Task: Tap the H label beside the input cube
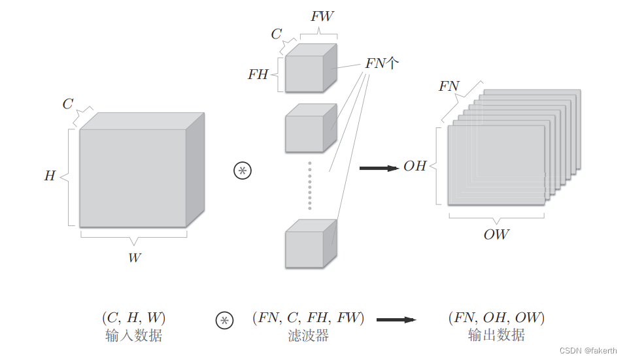pyautogui.click(x=50, y=176)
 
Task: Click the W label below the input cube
pyautogui.click(x=134, y=257)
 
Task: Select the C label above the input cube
pyautogui.click(x=68, y=104)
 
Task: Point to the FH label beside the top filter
pyautogui.click(x=258, y=74)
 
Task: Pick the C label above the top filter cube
pyautogui.click(x=277, y=34)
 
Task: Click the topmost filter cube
pyautogui.click(x=306, y=72)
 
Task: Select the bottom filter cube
pyautogui.click(x=306, y=247)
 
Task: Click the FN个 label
pyautogui.click(x=382, y=64)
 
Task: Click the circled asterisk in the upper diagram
pyautogui.click(x=243, y=171)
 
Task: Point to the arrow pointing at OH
pyautogui.click(x=379, y=168)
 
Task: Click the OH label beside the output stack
pyautogui.click(x=415, y=166)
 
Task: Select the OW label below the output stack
pyautogui.click(x=496, y=235)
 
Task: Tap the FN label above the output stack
pyautogui.click(x=449, y=86)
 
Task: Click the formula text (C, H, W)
pyautogui.click(x=133, y=318)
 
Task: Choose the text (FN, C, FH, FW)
pyautogui.click(x=307, y=318)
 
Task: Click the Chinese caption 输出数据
pyautogui.click(x=496, y=335)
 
